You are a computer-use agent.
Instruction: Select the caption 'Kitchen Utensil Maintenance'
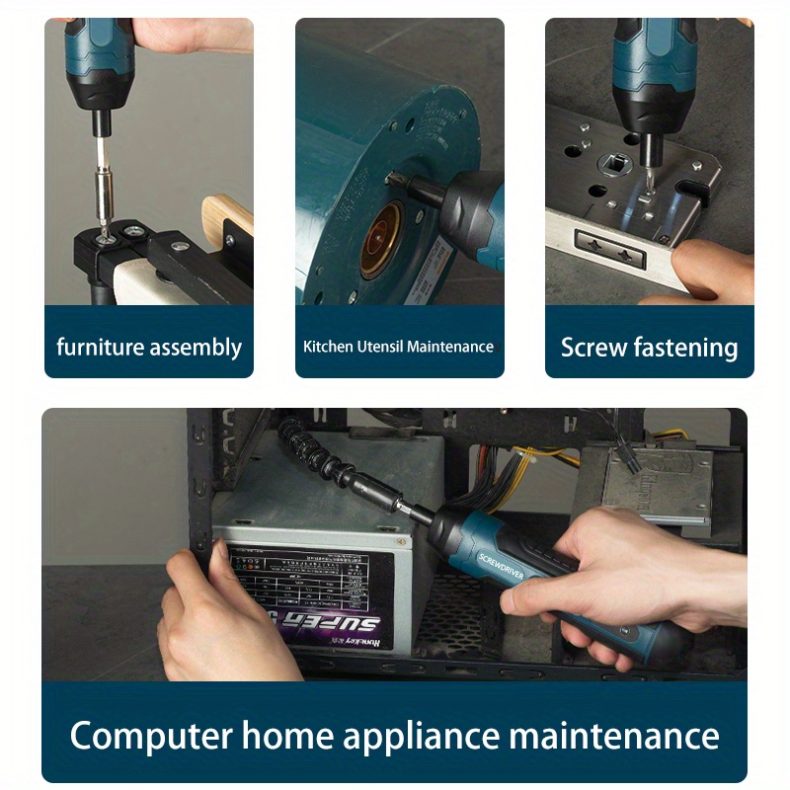tap(398, 347)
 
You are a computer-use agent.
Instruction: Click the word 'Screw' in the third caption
tap(594, 348)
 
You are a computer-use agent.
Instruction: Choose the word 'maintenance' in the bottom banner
tap(613, 736)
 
